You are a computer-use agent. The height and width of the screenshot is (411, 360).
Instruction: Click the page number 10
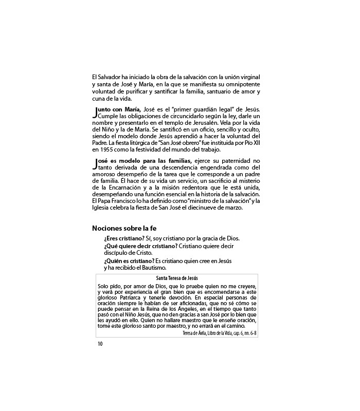click(100, 329)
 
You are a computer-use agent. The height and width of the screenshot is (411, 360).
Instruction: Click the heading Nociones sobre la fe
click(124, 228)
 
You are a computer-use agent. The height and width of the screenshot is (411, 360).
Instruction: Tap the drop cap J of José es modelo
click(95, 163)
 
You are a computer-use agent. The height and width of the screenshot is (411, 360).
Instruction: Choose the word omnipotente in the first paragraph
click(242, 84)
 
